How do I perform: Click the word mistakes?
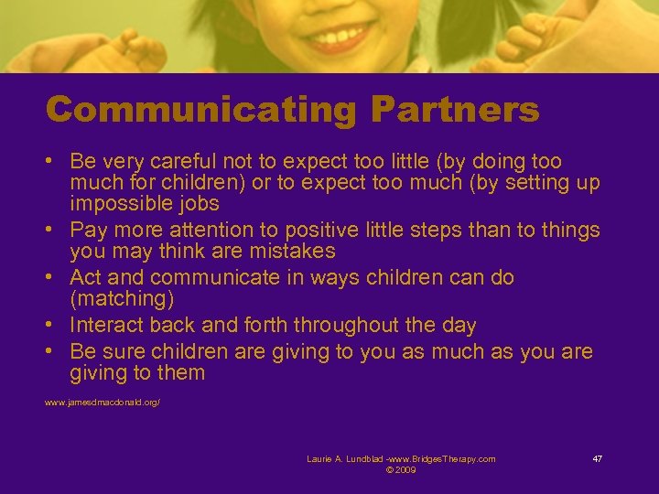pyautogui.click(x=292, y=251)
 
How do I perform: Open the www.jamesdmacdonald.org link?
pyautogui.click(x=103, y=403)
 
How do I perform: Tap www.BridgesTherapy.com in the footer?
pyautogui.click(x=447, y=458)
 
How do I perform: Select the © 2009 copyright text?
pyautogui.click(x=401, y=469)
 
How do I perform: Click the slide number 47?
pyautogui.click(x=597, y=458)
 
